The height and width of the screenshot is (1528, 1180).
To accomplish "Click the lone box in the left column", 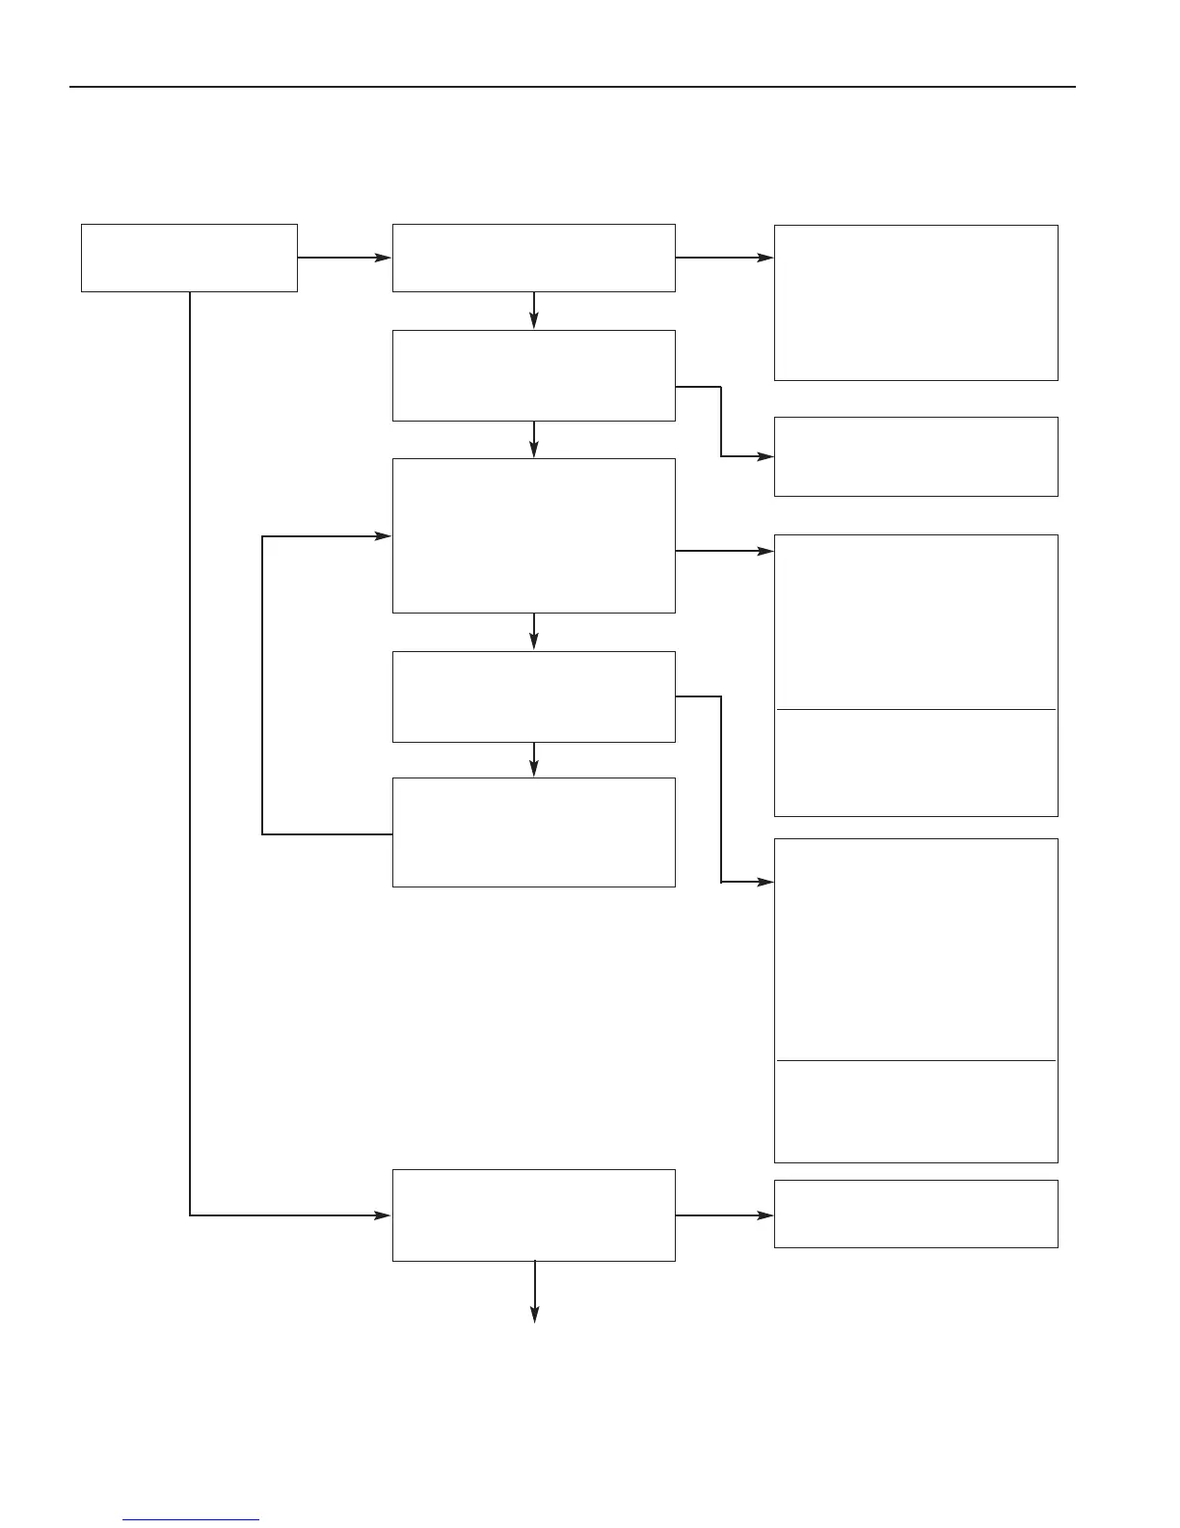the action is [189, 258].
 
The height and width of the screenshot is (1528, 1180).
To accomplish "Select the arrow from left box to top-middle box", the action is [344, 258].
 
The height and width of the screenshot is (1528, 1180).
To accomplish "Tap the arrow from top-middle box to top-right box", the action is [724, 258].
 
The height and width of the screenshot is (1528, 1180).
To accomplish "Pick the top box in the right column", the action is [916, 302].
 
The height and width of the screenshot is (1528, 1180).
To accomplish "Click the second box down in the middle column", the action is [533, 375].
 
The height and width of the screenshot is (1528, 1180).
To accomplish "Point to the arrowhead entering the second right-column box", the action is [766, 456].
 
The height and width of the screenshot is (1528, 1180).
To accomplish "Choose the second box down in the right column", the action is [916, 456].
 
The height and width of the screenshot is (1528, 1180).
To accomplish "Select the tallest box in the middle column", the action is [533, 535].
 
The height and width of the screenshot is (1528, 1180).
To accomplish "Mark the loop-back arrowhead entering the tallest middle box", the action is [385, 536].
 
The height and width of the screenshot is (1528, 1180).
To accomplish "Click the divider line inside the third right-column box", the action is [916, 709].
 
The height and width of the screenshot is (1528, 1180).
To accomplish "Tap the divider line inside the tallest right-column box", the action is [916, 1061].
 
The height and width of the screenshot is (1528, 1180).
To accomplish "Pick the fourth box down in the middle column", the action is [533, 696].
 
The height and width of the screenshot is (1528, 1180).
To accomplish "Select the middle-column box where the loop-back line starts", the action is [533, 832].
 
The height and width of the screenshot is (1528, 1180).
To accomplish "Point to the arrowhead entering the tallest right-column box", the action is [766, 882].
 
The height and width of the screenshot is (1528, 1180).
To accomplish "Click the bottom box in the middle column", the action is [533, 1214].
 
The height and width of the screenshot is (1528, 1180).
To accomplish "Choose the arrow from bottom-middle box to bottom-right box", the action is [724, 1215].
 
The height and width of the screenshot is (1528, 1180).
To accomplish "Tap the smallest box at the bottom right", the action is [916, 1214].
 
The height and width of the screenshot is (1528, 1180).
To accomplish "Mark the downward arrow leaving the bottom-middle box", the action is [534, 1293].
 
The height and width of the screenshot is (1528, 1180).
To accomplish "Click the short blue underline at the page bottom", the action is [191, 1520].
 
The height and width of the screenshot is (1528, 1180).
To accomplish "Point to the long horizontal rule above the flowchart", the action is [573, 87].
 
